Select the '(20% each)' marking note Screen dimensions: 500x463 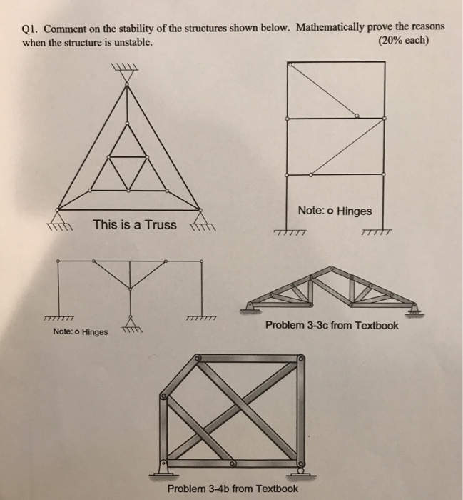402,41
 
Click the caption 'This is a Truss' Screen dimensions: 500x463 134,225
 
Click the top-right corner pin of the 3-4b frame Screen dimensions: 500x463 300,359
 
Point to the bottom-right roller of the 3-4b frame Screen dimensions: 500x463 301,469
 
